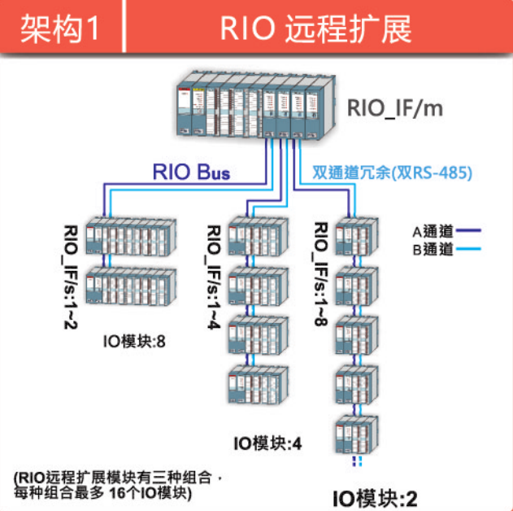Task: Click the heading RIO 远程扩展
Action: point(316,29)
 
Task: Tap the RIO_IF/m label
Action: point(395,107)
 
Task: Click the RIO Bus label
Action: point(192,172)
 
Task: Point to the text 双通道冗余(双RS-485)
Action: point(392,173)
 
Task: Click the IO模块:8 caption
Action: point(135,340)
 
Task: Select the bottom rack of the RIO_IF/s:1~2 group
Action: point(131,286)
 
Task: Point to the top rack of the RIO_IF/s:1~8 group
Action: point(358,238)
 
